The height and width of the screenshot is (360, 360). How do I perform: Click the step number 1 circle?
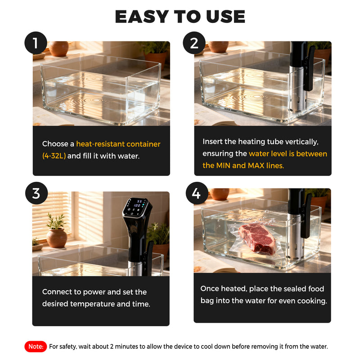click(36, 44)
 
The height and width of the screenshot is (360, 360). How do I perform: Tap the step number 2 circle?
click(194, 43)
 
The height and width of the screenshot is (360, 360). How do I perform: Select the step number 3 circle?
click(36, 193)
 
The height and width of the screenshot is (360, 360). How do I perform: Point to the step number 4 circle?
click(196, 193)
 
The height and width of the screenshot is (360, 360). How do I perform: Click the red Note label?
click(36, 346)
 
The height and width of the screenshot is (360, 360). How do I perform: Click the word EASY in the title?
click(143, 17)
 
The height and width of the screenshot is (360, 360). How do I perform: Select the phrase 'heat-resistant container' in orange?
click(118, 144)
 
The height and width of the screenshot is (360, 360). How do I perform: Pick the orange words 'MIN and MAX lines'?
click(243, 166)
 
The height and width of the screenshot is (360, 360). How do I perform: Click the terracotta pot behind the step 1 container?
click(58, 48)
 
